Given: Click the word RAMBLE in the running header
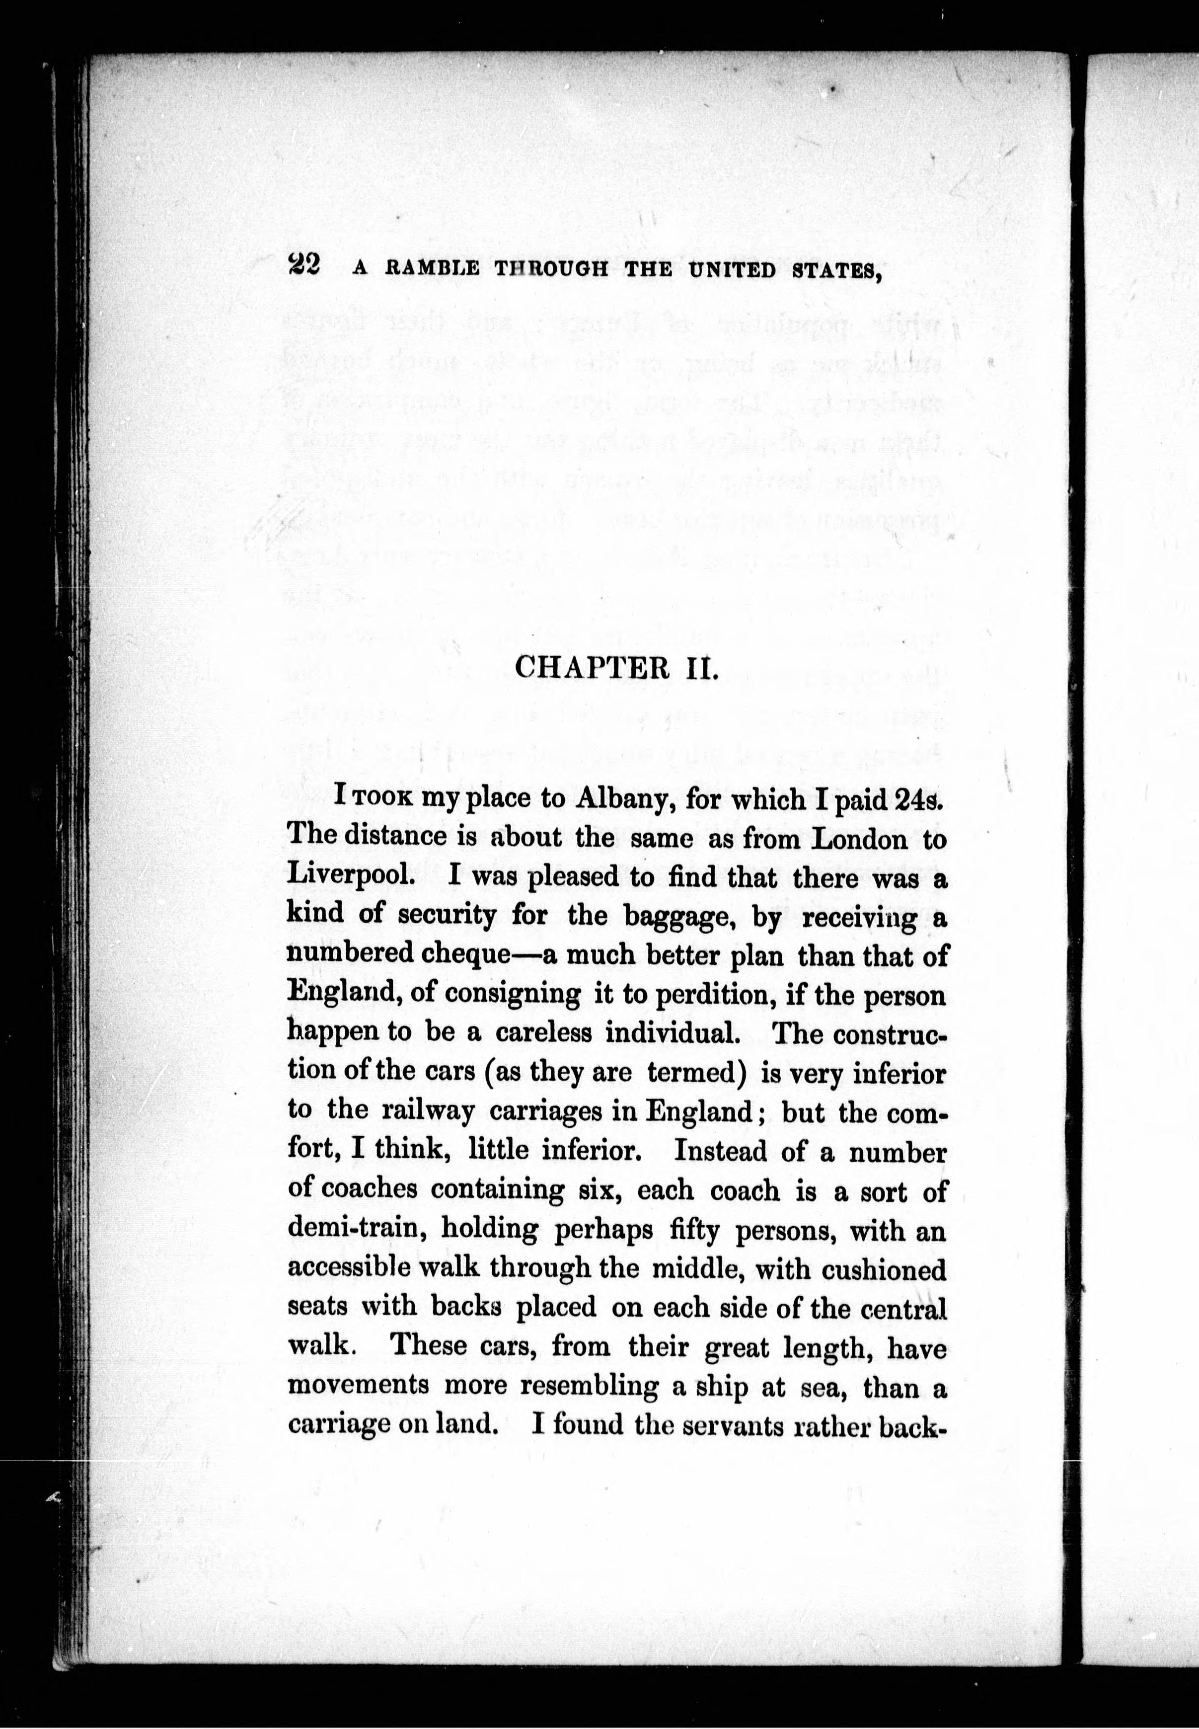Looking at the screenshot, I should coord(431,268).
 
